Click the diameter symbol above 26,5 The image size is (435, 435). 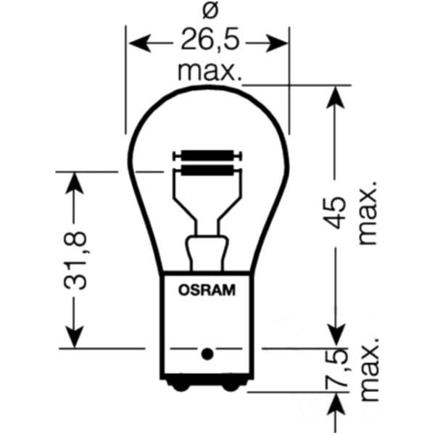[x=209, y=11]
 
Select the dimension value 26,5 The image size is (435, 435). [x=209, y=42]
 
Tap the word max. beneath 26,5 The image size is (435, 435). [x=209, y=72]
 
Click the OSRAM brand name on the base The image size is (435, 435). [x=207, y=292]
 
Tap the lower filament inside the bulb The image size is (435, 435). [x=207, y=171]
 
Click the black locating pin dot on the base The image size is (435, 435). [x=207, y=355]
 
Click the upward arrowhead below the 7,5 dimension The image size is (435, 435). [x=336, y=405]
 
